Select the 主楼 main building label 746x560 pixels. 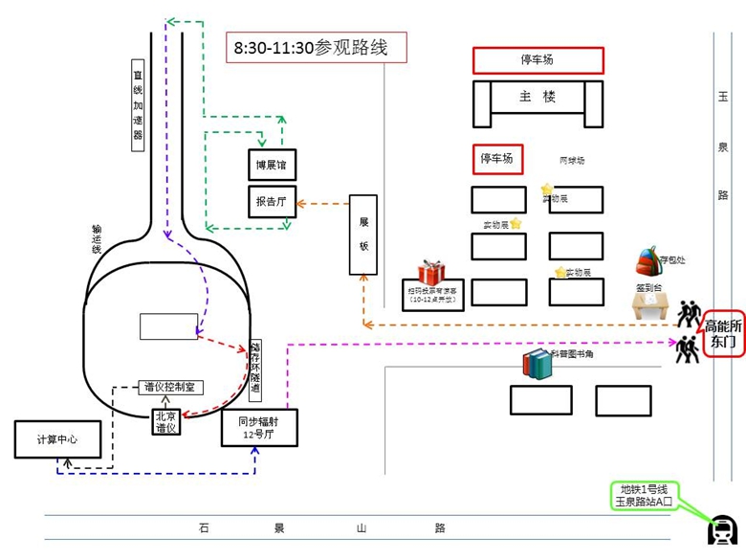pyautogui.click(x=538, y=97)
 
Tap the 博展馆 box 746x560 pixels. pyautogui.click(x=271, y=165)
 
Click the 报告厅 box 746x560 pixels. pyautogui.click(x=271, y=202)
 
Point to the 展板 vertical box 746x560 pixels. pyautogui.click(x=363, y=234)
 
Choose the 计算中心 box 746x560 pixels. pyautogui.click(x=57, y=439)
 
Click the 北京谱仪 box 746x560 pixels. pyautogui.click(x=166, y=422)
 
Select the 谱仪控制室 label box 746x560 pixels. pyautogui.click(x=169, y=388)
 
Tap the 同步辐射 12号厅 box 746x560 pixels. pyautogui.click(x=259, y=427)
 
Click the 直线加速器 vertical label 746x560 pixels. pyautogui.click(x=138, y=105)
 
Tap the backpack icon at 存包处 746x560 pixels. pyautogui.click(x=648, y=260)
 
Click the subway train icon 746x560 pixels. pyautogui.click(x=720, y=529)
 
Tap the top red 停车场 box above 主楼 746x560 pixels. pyautogui.click(x=538, y=60)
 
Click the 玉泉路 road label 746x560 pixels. pyautogui.click(x=723, y=144)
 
